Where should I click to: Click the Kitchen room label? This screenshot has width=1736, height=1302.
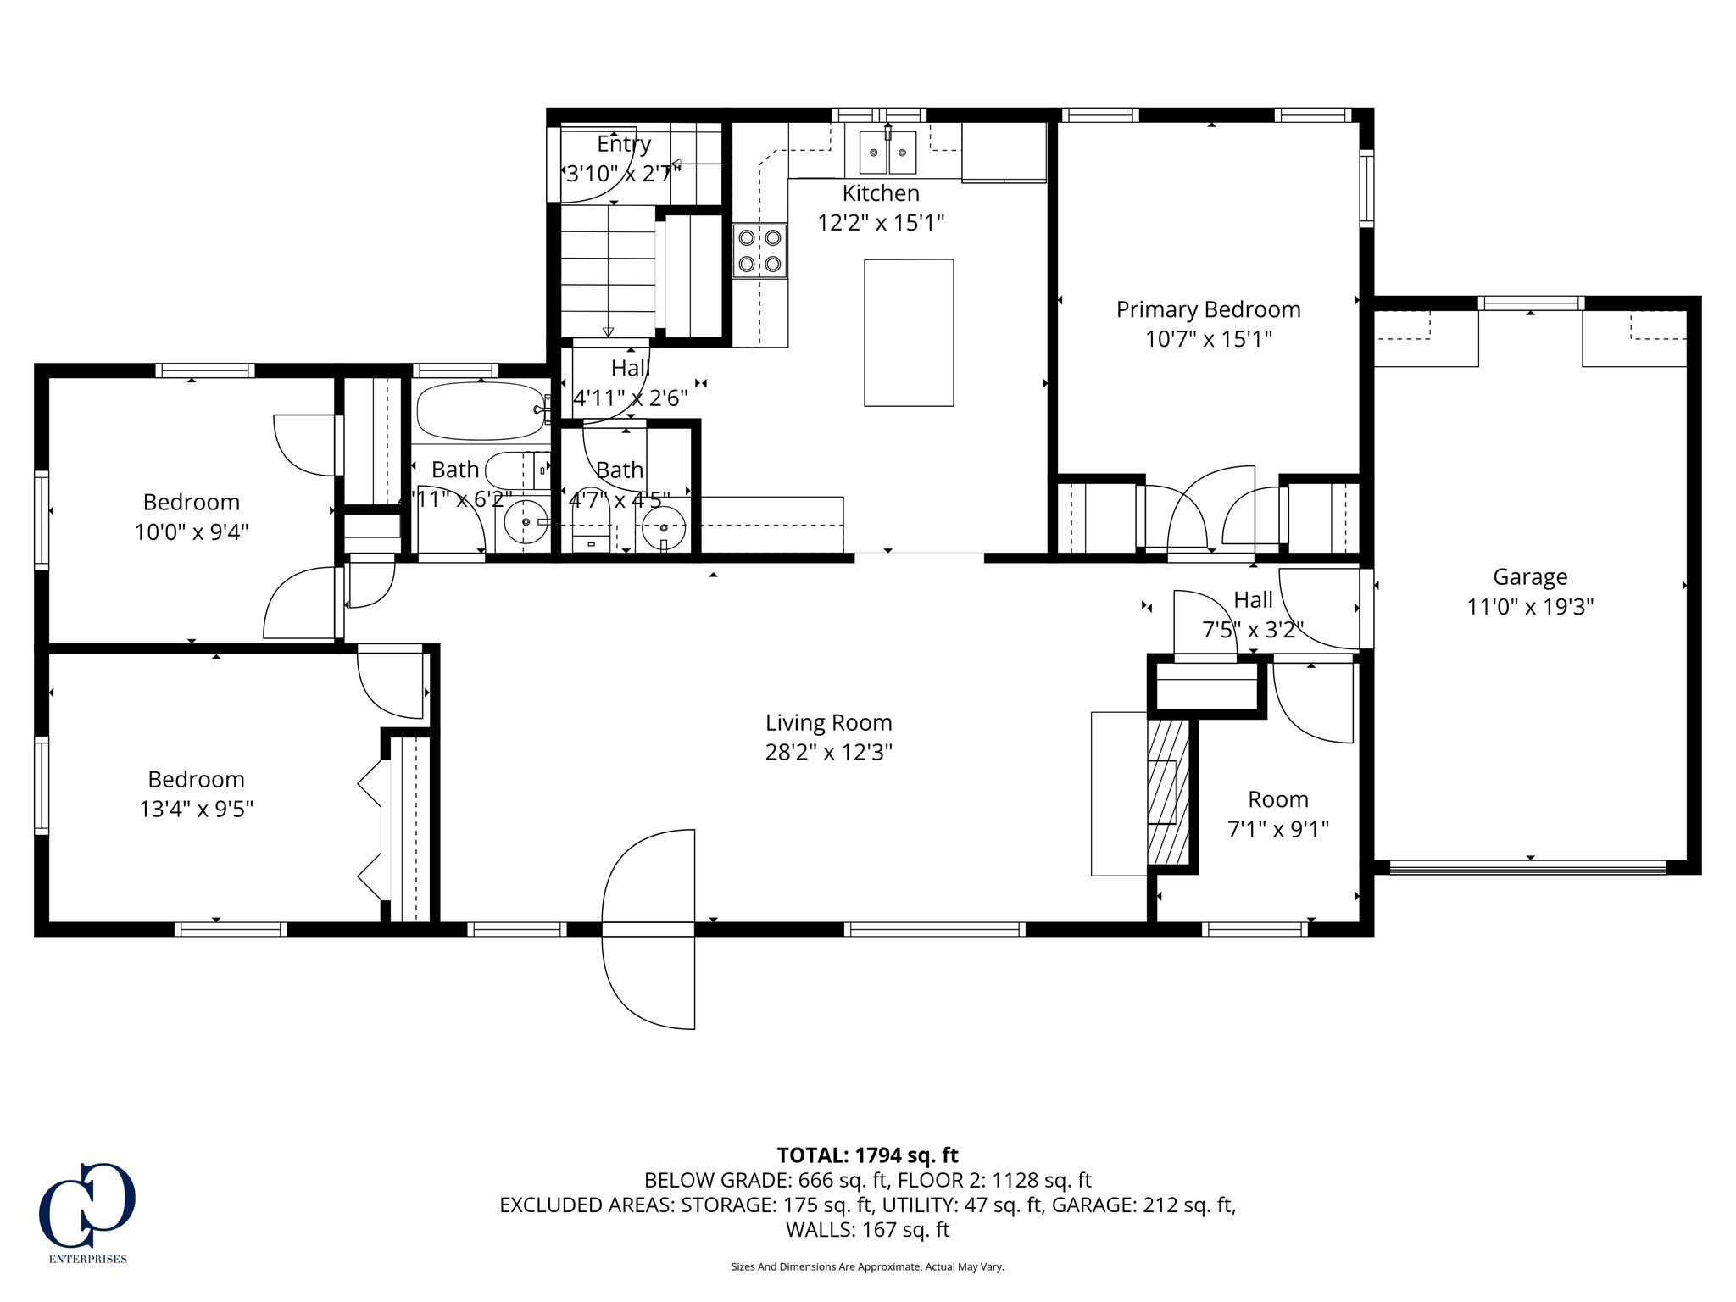[x=881, y=193]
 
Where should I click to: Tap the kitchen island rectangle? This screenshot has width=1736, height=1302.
[x=909, y=332]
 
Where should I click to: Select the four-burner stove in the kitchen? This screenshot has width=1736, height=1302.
[x=759, y=250]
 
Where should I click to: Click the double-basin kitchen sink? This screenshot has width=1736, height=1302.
[x=887, y=152]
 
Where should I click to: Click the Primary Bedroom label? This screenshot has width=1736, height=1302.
[x=1208, y=309]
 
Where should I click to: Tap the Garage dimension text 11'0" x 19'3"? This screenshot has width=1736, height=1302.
[x=1530, y=607]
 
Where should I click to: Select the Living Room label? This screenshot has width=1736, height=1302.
[x=828, y=723]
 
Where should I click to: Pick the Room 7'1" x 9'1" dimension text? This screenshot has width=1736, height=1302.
[x=1277, y=829]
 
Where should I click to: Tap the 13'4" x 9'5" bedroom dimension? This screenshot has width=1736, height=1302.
[x=196, y=809]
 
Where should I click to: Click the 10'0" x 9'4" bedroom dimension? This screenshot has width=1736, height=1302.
[x=192, y=532]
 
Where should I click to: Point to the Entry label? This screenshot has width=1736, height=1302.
[x=624, y=144]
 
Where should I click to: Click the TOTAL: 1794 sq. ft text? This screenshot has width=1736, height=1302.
[x=867, y=1155]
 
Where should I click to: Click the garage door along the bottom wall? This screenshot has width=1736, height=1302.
[x=1528, y=867]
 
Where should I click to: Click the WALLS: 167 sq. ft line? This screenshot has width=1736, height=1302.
[x=867, y=1229]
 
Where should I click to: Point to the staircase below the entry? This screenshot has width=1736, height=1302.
[x=608, y=271]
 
